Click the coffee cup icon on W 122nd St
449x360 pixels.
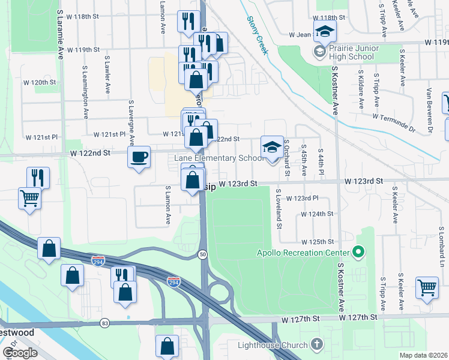point(139,158)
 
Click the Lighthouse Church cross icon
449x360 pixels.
point(318,344)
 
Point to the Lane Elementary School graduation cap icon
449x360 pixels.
point(271,146)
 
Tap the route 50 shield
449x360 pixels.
point(203,254)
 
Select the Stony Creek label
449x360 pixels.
point(256,35)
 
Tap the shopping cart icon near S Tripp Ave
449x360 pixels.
point(427,287)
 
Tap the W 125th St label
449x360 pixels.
point(318,241)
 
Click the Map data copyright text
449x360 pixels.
point(424,355)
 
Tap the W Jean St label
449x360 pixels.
point(300,35)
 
